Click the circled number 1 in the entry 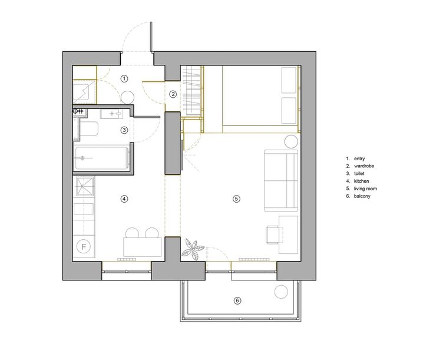124,79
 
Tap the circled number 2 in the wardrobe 173,94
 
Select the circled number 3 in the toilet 124,130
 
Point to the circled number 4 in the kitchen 124,199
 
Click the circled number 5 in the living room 236,199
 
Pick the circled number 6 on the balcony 237,300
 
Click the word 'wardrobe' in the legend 364,166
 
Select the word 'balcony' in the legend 362,196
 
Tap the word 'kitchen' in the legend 361,181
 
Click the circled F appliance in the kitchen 84,246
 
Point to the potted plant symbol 193,249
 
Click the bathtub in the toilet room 102,158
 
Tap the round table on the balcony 281,292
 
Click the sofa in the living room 281,181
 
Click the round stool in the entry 128,98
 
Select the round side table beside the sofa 291,142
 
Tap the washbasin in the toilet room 111,114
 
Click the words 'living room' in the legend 365,189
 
